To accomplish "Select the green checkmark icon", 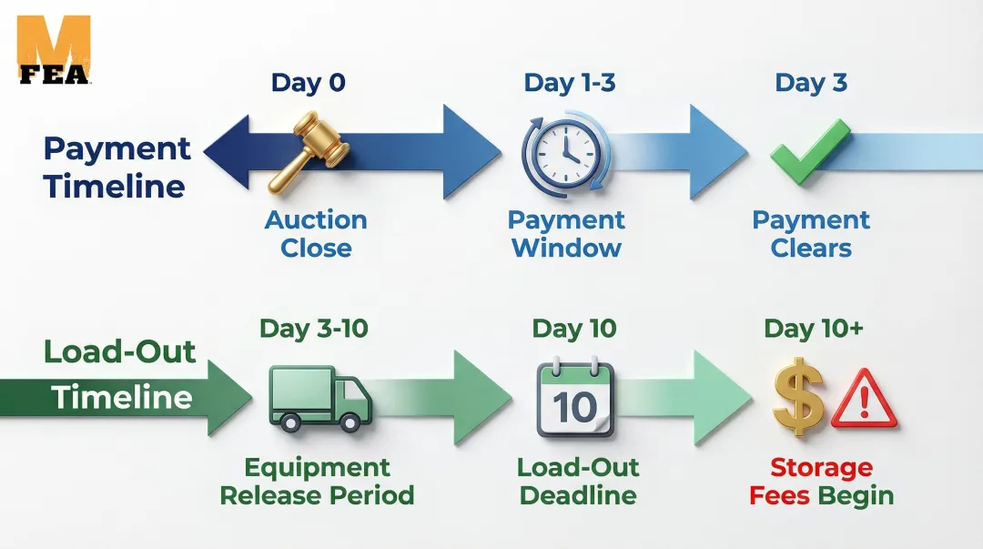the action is (810, 151).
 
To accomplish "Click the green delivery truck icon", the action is (320, 399).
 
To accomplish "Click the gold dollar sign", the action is (798, 397).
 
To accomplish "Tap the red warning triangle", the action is (864, 399).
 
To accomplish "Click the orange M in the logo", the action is (54, 39).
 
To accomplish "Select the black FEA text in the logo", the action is (54, 74).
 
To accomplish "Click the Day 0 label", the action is (308, 82).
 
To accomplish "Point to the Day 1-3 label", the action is (569, 82).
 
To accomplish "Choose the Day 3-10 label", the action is (313, 328).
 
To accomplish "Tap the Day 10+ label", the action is (814, 328).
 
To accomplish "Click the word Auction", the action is (316, 219).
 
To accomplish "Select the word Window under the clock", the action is (567, 248).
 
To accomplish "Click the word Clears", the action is (811, 248).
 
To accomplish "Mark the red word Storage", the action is (821, 467).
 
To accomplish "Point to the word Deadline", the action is (578, 495).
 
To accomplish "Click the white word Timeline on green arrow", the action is (122, 398).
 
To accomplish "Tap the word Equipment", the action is (318, 468).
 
